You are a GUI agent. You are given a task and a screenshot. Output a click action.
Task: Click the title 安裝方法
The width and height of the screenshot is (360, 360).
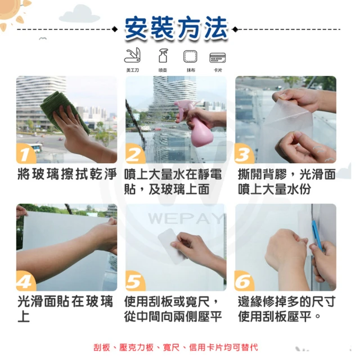coord(176,28)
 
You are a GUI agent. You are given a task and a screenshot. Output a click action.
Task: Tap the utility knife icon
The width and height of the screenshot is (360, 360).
coord(132,56)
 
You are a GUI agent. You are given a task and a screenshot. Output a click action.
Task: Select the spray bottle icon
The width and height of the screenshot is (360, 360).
coord(163,56)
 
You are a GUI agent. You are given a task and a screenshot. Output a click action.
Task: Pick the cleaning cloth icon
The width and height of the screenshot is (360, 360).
coord(190,56)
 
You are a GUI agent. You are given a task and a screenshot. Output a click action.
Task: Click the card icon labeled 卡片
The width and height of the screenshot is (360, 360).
coord(218,57)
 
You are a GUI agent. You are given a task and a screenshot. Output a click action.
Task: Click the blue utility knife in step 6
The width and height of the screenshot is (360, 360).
coord(317,235)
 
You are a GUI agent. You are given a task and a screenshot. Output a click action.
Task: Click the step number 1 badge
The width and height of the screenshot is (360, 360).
coord(25,154)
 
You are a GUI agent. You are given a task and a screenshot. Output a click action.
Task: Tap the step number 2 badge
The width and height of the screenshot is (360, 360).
coord(135,154)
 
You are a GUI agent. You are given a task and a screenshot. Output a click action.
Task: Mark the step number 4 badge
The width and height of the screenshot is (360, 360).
coord(25,281)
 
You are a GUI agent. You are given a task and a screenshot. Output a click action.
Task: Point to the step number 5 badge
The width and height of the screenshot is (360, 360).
coord(135,281)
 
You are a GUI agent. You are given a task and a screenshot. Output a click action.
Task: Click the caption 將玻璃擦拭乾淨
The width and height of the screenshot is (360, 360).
coord(67,174)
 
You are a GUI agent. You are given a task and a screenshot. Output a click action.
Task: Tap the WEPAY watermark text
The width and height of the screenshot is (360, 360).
coord(186,219)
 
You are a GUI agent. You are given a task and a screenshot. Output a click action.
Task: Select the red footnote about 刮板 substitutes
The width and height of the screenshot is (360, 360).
coord(175,347)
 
